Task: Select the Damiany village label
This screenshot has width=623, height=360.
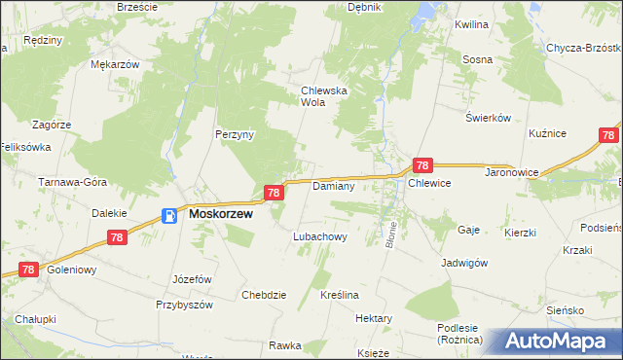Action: tap(332, 185)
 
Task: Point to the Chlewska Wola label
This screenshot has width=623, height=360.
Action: tap(324, 95)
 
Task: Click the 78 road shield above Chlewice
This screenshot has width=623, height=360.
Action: tap(422, 166)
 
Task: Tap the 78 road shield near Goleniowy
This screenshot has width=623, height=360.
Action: tap(27, 270)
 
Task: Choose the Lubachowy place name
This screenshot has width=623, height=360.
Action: tap(320, 236)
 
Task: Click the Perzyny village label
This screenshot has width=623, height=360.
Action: tap(235, 135)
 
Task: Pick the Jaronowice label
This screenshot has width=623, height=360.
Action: tap(484, 182)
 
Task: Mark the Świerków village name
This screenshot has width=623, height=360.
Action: tap(488, 118)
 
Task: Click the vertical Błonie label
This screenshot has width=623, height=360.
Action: tap(390, 234)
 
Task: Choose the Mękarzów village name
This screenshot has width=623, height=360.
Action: tap(115, 64)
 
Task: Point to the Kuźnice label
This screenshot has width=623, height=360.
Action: tap(547, 132)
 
